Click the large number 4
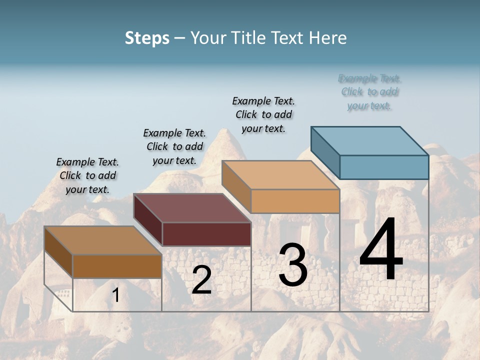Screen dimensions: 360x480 click(381, 250)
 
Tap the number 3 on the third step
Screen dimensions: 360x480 click(293, 265)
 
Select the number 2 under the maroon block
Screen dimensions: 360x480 click(201, 280)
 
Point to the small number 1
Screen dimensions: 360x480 click(116, 295)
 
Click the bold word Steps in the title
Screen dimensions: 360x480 click(147, 38)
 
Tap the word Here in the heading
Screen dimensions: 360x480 click(328, 38)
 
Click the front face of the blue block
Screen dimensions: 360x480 click(384, 167)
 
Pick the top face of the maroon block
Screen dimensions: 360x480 click(192, 208)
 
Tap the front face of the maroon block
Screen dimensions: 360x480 click(206, 234)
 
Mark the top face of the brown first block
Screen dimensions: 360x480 click(103, 240)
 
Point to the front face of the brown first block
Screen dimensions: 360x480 click(117, 266)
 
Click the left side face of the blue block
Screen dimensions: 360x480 click(325, 152)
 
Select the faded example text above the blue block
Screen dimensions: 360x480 click(370, 92)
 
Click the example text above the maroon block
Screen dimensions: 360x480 click(174, 146)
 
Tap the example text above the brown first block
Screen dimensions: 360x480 click(87, 175)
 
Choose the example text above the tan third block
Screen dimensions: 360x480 click(263, 114)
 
